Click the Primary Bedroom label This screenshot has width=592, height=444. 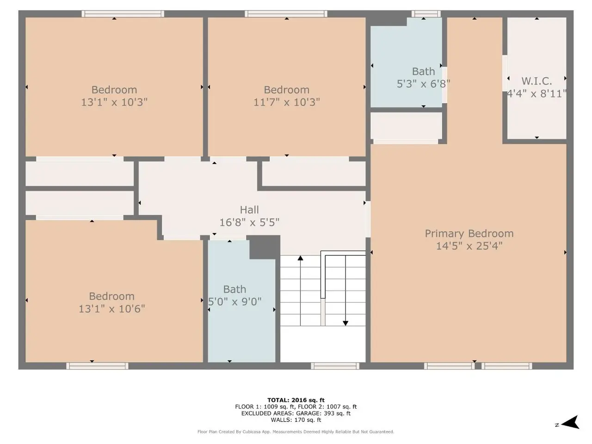[469, 234]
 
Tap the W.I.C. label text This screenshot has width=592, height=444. [536, 81]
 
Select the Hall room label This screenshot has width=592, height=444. [249, 210]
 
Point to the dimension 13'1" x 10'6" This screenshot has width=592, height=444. [111, 308]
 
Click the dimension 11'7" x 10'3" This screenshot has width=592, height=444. [286, 102]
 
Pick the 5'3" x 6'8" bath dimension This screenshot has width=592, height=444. [423, 84]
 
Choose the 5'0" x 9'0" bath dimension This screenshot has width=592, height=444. [234, 302]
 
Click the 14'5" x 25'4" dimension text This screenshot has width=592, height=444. [469, 246]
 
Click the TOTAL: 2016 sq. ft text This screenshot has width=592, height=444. [296, 400]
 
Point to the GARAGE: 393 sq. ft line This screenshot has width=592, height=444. [323, 413]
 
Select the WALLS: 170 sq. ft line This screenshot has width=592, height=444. [296, 420]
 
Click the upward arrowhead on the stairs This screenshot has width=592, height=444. [301, 258]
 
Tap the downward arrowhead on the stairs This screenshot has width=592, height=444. [345, 323]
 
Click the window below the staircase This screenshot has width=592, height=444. [335, 366]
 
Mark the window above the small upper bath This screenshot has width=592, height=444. [426, 14]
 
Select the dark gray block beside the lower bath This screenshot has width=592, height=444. [264, 247]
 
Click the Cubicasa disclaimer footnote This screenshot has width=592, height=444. [296, 432]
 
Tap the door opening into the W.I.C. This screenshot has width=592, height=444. [505, 74]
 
